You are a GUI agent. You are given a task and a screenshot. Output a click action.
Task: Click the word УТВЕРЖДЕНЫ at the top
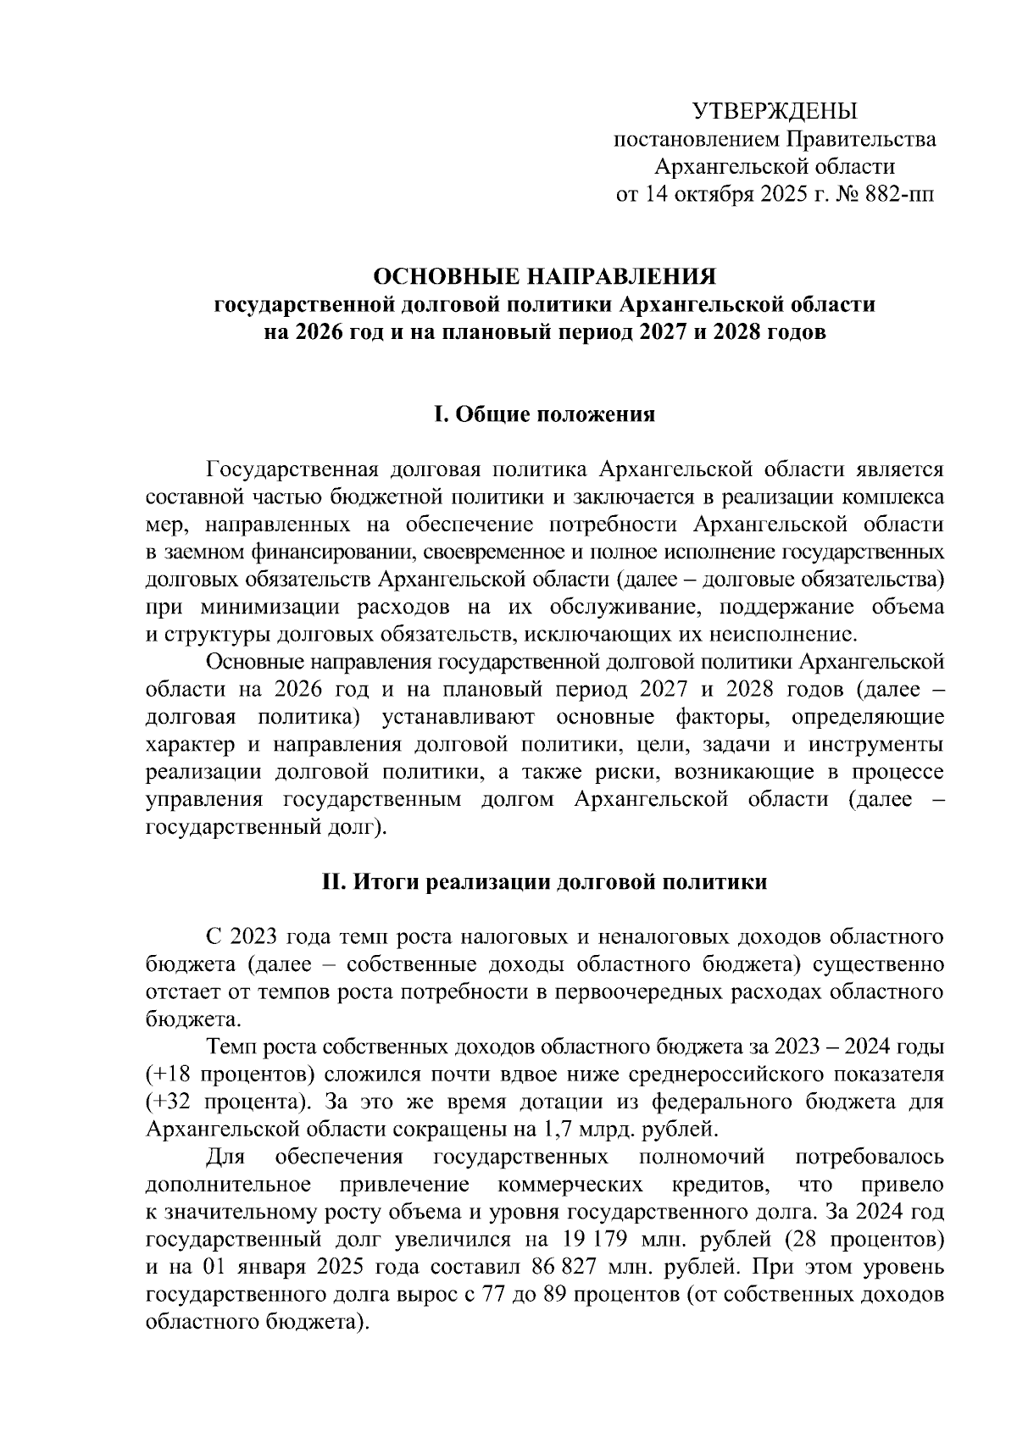[x=775, y=112]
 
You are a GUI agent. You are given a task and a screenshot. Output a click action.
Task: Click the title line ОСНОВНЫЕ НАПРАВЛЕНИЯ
[x=545, y=277]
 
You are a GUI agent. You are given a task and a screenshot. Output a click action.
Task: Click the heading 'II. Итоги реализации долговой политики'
[x=544, y=882]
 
